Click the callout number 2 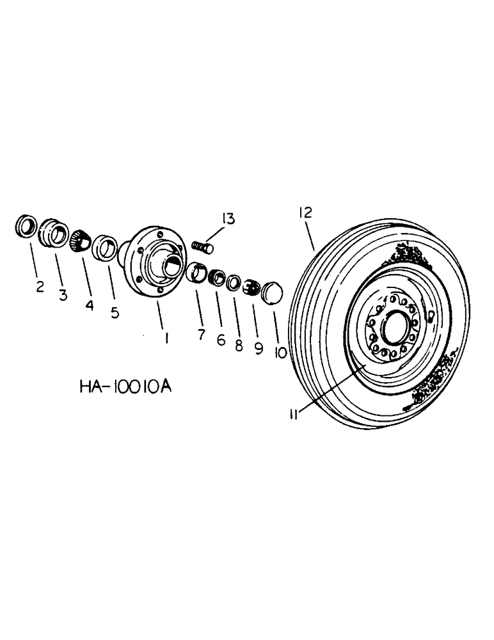coord(40,285)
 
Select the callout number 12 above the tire coord(305,214)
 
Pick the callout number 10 coord(280,352)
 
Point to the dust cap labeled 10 coord(272,291)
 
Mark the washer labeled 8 coord(235,282)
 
